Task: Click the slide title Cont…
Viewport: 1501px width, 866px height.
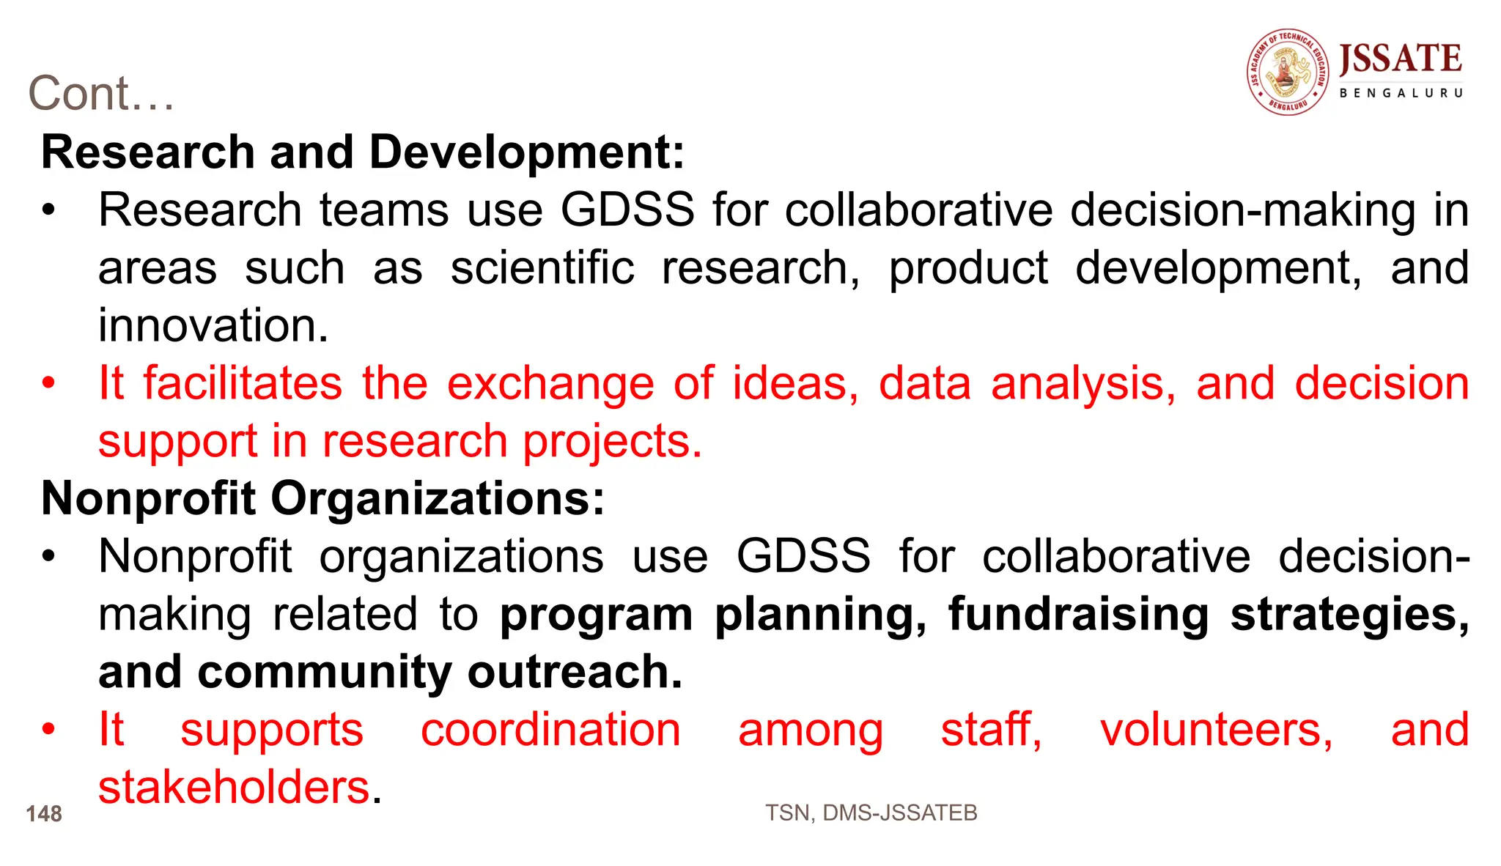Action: tap(101, 94)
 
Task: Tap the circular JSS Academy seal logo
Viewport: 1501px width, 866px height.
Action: tap(1288, 72)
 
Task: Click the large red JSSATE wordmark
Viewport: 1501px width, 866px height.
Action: tap(1401, 59)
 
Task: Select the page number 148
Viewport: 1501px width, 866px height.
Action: tap(44, 814)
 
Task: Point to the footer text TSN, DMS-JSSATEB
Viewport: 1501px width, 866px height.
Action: tap(871, 813)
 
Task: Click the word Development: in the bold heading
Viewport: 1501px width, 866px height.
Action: tap(526, 152)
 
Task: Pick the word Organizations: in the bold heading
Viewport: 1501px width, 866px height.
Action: tap(438, 499)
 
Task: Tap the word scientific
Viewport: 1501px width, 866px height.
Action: tap(542, 268)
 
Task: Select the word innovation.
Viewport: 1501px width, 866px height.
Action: tap(213, 326)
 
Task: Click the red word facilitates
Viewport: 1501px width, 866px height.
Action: tap(243, 383)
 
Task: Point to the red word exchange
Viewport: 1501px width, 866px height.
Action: tap(550, 385)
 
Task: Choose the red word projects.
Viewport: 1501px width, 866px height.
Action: tap(613, 443)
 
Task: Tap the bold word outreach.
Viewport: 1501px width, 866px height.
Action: tap(575, 673)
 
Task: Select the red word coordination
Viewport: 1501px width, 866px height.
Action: tap(550, 730)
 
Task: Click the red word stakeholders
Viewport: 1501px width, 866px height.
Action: tap(234, 788)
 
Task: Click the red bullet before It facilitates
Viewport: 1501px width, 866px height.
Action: tap(48, 383)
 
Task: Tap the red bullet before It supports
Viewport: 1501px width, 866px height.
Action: tap(48, 730)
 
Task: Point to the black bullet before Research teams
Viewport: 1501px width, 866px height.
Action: tap(48, 210)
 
